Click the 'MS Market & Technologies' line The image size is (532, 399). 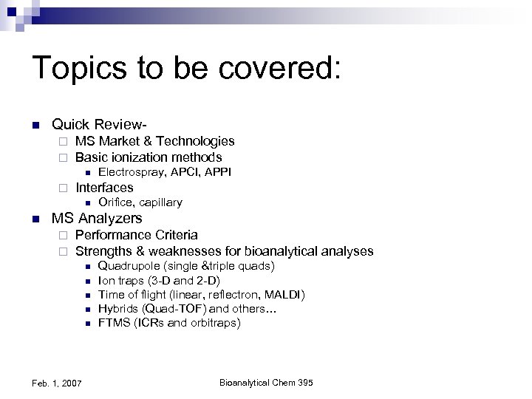(154, 140)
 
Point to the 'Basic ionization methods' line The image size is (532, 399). (149, 157)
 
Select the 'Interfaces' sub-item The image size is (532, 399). (104, 188)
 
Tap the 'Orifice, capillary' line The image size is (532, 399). (140, 202)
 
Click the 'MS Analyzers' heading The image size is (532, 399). (96, 219)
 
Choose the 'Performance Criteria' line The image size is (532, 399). (136, 235)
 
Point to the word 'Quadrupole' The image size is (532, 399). (125, 266)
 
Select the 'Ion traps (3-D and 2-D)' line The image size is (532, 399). (159, 281)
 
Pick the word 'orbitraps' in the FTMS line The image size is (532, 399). (214, 323)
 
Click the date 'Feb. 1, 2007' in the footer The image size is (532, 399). (58, 382)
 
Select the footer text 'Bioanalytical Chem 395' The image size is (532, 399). (266, 382)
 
